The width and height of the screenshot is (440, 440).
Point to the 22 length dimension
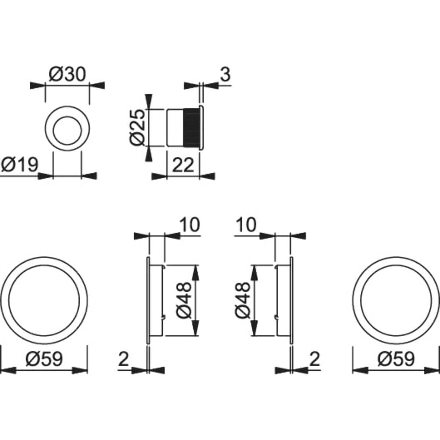[183, 165]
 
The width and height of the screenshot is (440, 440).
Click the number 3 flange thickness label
[225, 74]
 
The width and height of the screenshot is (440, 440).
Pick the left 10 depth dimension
[190, 225]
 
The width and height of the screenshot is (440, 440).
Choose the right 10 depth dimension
[246, 225]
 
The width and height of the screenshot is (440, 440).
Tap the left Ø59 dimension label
[44, 359]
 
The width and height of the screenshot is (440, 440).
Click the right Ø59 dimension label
[396, 359]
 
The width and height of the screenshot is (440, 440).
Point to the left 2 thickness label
[124, 360]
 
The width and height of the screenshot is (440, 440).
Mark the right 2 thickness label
[315, 360]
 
